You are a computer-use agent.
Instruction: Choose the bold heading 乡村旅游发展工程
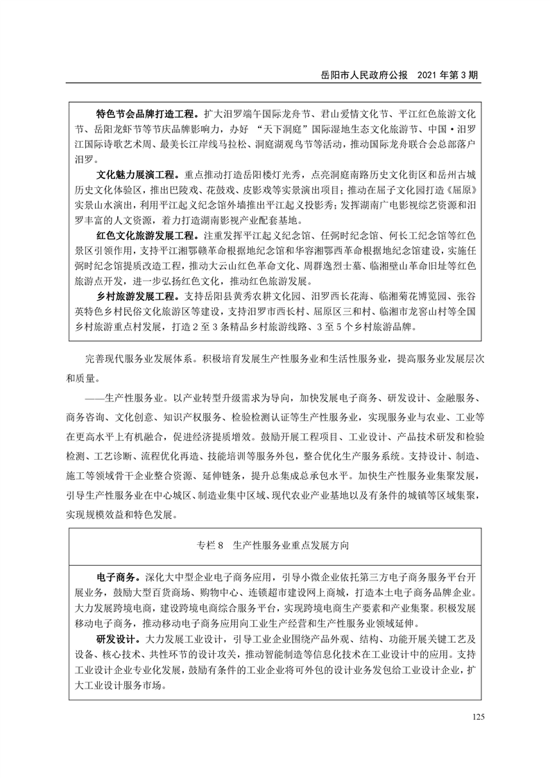tap(135, 296)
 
